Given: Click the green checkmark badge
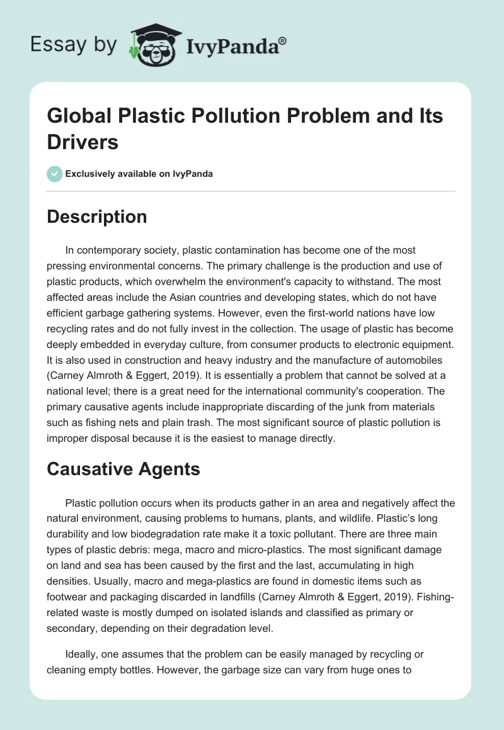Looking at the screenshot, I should [55, 174].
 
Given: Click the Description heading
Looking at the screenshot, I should [97, 216].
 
